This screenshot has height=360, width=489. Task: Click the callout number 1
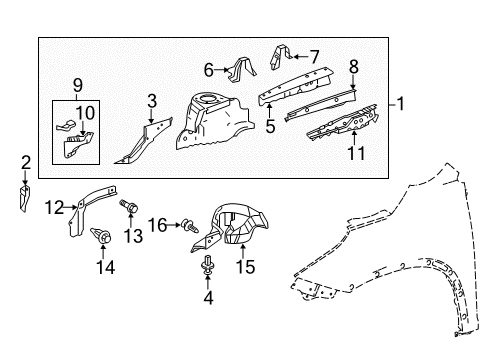[x=400, y=104]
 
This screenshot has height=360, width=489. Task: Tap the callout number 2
[x=26, y=163]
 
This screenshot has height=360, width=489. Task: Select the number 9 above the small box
[x=77, y=86]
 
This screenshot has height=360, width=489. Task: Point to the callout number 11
[x=356, y=153]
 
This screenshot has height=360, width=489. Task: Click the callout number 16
[x=157, y=225]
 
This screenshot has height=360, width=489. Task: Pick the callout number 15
[x=246, y=267]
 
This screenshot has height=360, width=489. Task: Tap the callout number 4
[x=208, y=297]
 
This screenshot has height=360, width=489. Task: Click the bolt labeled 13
[x=129, y=206]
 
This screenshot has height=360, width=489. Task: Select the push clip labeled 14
[x=101, y=235]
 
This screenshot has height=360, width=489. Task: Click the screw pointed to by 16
[x=190, y=226]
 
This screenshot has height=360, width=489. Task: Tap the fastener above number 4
[x=207, y=266]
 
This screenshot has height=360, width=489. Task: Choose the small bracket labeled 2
[x=24, y=199]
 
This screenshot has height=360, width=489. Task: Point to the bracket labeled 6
[x=242, y=70]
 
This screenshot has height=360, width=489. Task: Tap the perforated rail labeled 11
[x=343, y=124]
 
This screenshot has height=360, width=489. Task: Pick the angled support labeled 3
[x=144, y=140]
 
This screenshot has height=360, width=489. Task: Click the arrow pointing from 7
[x=300, y=57]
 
